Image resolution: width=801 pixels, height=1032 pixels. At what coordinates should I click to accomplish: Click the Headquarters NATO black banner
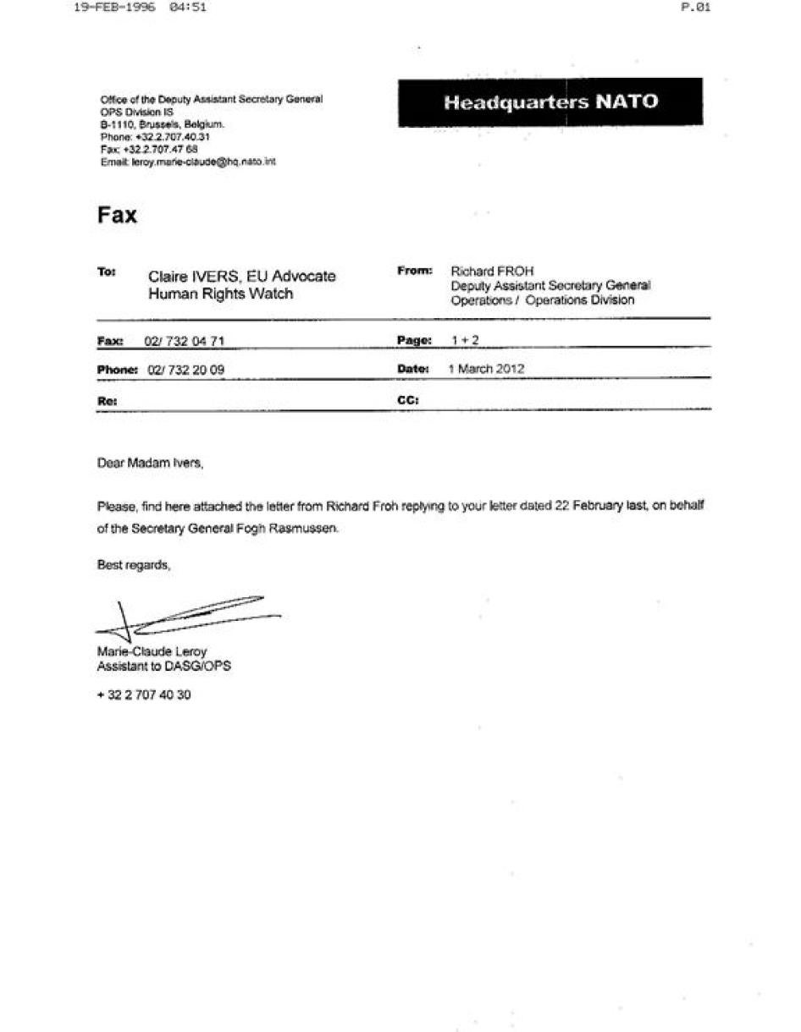click(550, 102)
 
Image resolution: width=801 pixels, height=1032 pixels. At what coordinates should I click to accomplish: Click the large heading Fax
click(117, 215)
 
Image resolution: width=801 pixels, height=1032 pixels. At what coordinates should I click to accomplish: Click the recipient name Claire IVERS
click(193, 277)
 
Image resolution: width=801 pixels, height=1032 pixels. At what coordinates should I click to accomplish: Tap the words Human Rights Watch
click(220, 294)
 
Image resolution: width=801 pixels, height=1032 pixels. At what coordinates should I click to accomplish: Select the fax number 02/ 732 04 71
click(185, 341)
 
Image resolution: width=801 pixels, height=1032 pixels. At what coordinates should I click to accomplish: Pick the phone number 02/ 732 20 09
click(185, 370)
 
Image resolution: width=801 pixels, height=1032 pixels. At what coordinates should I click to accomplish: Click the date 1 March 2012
click(486, 369)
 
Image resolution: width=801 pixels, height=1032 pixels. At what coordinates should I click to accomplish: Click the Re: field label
click(107, 400)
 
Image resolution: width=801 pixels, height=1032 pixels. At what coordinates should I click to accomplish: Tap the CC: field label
click(408, 399)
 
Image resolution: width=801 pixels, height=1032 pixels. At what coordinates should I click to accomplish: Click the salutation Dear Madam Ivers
click(151, 464)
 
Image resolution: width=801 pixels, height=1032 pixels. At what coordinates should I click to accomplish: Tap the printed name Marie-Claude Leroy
click(152, 651)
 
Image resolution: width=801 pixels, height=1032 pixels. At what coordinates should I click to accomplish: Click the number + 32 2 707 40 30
click(144, 694)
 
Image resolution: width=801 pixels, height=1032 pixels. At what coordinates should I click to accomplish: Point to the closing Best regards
click(134, 565)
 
